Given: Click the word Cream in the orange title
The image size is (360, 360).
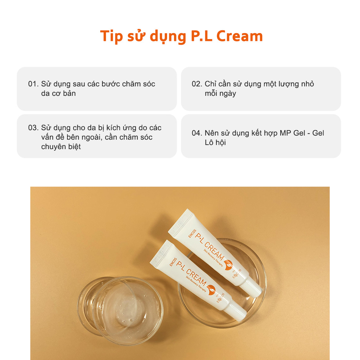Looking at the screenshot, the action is [240, 36].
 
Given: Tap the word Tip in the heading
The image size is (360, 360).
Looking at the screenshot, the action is [111, 37].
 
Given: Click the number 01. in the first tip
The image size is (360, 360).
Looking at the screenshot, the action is [33, 84].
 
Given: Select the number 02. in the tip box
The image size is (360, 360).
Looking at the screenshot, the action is [197, 84].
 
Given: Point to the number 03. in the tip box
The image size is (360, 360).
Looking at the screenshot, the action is [33, 128].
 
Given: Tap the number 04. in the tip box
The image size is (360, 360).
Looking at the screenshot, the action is [197, 133].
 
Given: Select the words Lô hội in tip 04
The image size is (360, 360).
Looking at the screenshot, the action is [215, 143].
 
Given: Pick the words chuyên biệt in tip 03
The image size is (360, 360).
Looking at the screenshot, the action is [61, 147].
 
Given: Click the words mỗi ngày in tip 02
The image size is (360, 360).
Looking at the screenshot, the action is [220, 94].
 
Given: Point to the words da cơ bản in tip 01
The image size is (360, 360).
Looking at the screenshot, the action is [58, 94].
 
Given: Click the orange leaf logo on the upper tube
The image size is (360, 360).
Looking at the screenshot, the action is [228, 265].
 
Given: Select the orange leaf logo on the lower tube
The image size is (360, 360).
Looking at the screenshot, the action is [211, 290].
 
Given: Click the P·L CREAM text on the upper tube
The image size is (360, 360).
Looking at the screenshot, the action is [209, 247].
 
